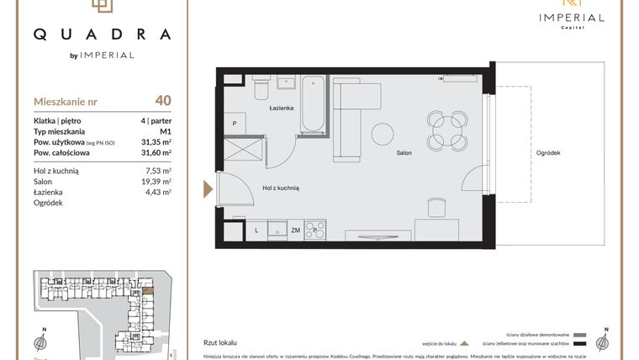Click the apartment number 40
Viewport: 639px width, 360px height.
click(163, 101)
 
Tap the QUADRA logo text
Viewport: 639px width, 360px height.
click(102, 34)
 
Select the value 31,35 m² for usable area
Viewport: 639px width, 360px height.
click(156, 142)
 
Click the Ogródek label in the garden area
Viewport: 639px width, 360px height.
click(547, 153)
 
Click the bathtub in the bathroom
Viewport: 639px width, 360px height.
click(313, 104)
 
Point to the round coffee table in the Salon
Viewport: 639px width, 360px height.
click(383, 135)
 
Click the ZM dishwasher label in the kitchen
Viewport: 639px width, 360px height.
click(295, 230)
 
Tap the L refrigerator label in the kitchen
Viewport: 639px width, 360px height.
click(256, 230)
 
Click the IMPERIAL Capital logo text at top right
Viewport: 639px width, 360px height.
click(572, 19)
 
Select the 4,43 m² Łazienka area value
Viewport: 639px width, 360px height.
click(158, 193)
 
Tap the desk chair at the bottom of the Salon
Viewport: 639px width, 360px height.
click(437, 207)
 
